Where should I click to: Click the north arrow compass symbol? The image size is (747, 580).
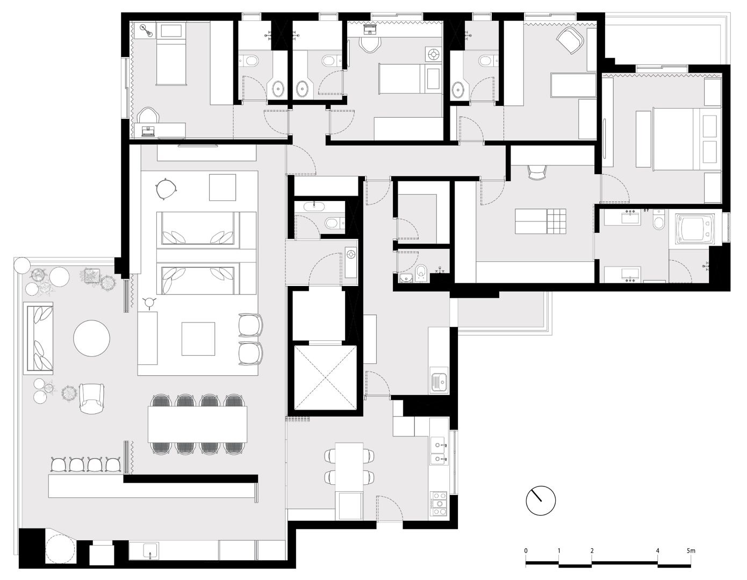(x=541, y=501)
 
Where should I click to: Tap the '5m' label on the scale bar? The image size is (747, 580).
(x=691, y=551)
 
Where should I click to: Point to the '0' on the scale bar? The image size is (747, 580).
(x=526, y=551)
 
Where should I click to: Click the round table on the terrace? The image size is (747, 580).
(x=91, y=338)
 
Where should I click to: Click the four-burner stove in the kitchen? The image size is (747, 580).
(x=440, y=505)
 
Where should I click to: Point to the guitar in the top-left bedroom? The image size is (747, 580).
(x=146, y=31)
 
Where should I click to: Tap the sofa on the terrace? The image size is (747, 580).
(x=39, y=338)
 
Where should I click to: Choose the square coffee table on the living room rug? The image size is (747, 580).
(x=198, y=339)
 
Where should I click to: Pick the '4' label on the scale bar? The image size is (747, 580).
(x=658, y=551)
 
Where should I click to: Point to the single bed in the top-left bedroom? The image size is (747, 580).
(x=171, y=54)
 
